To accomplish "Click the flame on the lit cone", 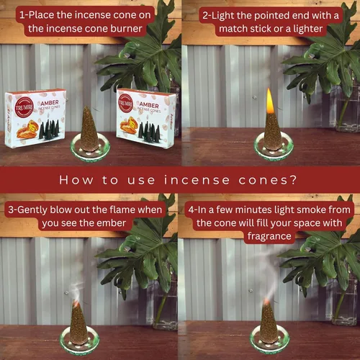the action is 270,101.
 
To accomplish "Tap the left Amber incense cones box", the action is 35,118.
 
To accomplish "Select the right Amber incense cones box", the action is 146,117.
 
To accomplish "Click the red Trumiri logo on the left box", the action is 24,108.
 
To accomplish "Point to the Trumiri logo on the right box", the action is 125,103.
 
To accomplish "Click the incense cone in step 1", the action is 89,129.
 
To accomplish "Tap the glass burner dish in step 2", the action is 274,146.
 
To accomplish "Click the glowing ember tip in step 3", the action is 76,304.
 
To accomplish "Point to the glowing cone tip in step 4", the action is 266,302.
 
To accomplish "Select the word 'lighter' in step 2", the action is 307,30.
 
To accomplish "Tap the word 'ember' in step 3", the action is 112,223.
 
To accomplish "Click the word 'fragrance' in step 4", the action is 269,236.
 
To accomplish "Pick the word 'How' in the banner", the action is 76,180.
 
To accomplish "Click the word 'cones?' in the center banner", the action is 268,180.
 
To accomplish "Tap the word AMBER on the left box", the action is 50,103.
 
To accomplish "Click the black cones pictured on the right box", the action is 149,131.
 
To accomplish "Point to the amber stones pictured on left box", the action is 27,130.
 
